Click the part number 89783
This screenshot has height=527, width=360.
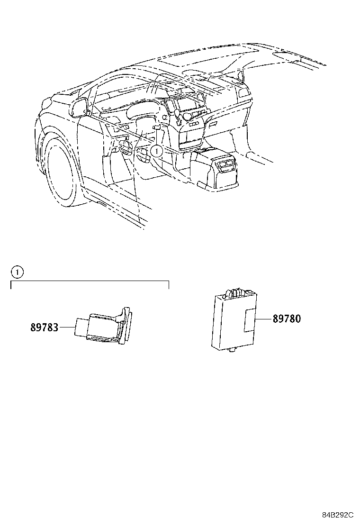(x=44, y=327)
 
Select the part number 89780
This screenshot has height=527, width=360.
(x=286, y=318)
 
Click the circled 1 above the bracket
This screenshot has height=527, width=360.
(x=17, y=272)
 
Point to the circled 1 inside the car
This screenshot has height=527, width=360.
(x=157, y=151)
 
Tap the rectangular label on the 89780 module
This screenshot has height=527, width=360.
(x=249, y=320)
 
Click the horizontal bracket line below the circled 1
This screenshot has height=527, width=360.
(x=90, y=281)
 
